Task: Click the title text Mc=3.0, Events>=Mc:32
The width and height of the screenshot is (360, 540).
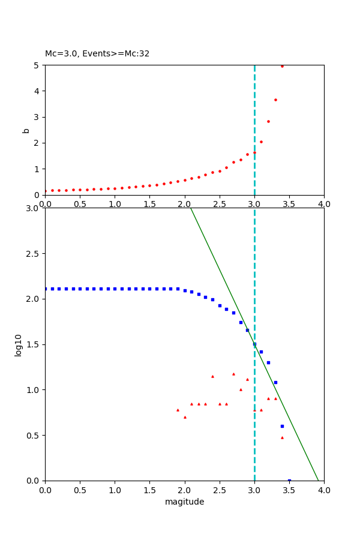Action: pyautogui.click(x=97, y=53)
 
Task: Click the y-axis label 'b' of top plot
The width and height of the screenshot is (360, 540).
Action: pyautogui.click(x=26, y=130)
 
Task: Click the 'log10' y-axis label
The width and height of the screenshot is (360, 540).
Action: pyautogui.click(x=19, y=345)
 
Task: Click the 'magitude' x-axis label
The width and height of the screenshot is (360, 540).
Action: pyautogui.click(x=184, y=502)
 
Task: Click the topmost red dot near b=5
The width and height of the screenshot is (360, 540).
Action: pyautogui.click(x=282, y=66)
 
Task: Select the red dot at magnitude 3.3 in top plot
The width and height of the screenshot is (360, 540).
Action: pyautogui.click(x=275, y=100)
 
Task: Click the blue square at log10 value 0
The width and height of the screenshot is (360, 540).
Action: pyautogui.click(x=289, y=481)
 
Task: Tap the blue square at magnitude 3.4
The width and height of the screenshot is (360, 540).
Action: pyautogui.click(x=282, y=426)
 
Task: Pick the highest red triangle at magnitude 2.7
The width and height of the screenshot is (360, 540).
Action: pyautogui.click(x=233, y=374)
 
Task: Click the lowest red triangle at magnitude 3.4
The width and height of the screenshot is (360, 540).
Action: pyautogui.click(x=282, y=437)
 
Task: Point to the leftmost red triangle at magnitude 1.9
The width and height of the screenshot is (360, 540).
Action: pyautogui.click(x=178, y=410)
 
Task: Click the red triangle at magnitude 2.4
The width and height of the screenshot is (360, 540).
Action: pyautogui.click(x=212, y=376)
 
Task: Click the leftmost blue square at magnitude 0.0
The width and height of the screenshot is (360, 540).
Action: pyautogui.click(x=45, y=289)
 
